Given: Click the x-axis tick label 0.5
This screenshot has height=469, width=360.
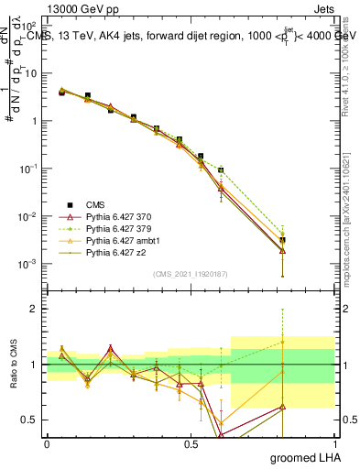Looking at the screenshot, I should click(x=191, y=443).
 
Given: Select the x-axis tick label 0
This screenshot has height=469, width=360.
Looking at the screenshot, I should click(x=47, y=443).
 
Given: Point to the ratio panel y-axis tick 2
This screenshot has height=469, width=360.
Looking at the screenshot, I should click(x=35, y=310).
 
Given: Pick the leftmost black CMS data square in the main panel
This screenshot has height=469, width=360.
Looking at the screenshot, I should click(x=61, y=93).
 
